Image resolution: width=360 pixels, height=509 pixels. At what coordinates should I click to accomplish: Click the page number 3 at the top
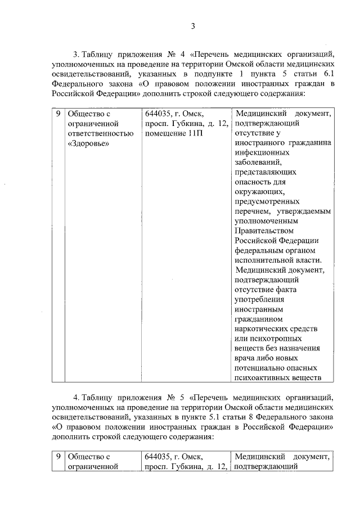(193, 26)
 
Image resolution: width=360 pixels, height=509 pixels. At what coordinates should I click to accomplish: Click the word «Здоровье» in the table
(87, 144)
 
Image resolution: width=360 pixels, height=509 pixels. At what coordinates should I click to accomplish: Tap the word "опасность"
(253, 182)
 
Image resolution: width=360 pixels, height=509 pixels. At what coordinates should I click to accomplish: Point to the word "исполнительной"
(260, 260)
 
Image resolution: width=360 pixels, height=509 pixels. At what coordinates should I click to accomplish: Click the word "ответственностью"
(100, 134)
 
